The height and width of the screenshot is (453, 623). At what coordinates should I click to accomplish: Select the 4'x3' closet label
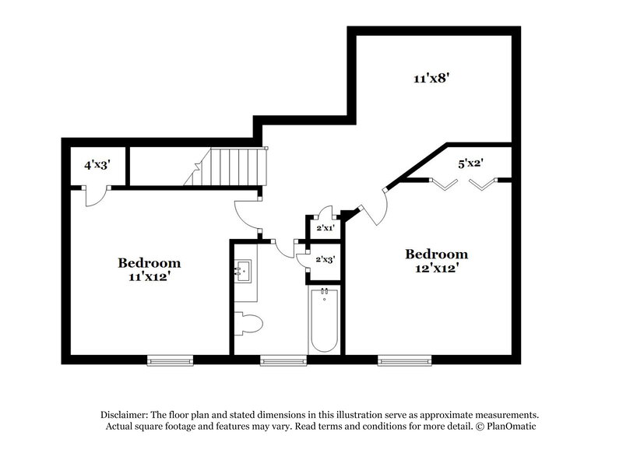click(97, 164)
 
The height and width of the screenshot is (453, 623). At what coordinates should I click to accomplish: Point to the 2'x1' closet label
click(324, 228)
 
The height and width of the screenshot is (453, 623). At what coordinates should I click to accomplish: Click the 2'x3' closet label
click(324, 259)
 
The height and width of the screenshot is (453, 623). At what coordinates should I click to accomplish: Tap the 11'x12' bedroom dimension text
click(149, 277)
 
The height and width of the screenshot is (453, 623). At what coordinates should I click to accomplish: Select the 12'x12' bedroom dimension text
click(437, 269)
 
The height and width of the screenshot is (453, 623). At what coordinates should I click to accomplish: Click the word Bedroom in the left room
click(149, 263)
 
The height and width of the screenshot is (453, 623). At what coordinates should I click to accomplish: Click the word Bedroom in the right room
click(437, 255)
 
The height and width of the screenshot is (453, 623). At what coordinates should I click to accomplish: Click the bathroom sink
click(244, 272)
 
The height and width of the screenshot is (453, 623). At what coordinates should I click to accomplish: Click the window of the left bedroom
click(170, 360)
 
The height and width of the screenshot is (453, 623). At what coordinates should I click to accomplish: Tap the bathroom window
click(282, 360)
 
